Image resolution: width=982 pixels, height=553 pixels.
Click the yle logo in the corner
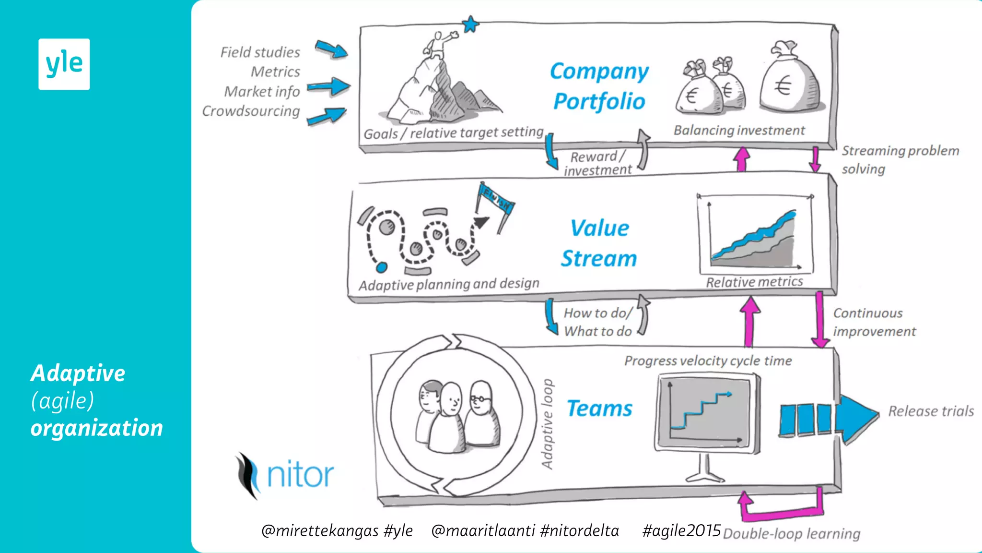click(64, 64)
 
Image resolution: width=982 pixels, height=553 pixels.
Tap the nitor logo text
click(300, 475)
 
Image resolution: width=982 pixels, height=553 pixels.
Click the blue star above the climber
click(470, 24)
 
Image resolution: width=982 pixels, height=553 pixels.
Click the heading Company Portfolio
click(599, 86)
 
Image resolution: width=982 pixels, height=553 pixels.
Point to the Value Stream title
click(599, 243)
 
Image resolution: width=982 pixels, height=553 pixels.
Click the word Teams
click(599, 409)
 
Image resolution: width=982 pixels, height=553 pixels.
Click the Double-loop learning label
click(791, 534)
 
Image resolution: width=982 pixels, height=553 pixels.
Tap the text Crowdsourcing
click(251, 111)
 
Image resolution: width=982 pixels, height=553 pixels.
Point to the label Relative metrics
click(754, 282)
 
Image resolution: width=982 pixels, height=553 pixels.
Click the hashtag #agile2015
click(681, 530)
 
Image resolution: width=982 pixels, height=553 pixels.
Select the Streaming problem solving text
click(900, 159)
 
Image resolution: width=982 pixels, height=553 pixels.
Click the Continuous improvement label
click(874, 322)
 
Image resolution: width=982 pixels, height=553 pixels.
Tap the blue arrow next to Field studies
click(332, 49)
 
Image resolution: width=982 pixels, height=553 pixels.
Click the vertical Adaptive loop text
click(547, 424)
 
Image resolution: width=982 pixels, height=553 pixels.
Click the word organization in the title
click(97, 428)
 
